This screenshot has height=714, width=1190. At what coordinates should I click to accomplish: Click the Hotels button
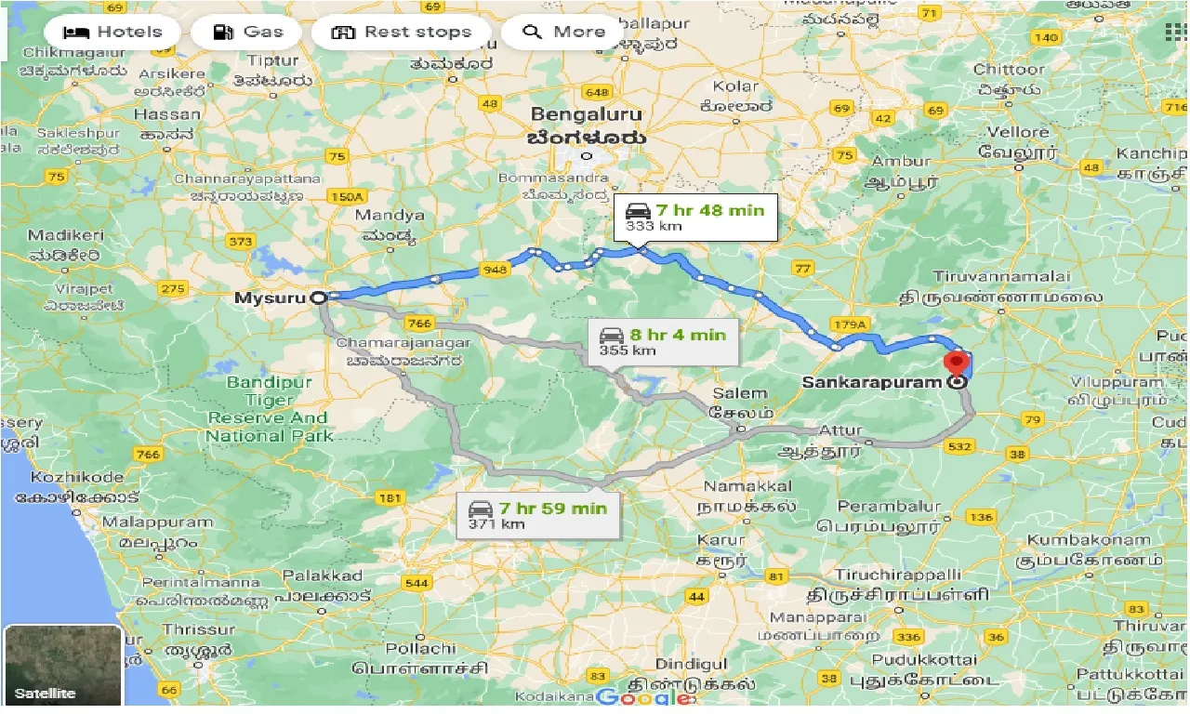pos(112,32)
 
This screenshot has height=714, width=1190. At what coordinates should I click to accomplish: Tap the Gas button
pos(247,32)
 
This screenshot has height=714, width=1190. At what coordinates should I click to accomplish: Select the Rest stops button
pos(401,32)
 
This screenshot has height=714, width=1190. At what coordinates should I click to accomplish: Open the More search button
pos(563,32)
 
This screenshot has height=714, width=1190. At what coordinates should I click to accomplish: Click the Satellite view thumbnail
pos(63,666)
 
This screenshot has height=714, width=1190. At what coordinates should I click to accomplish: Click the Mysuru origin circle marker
pos(318,297)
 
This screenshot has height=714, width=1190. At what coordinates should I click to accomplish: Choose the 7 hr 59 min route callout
pos(537,514)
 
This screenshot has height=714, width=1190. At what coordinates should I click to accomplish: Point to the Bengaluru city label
pos(586,114)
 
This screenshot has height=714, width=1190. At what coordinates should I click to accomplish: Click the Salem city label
pos(740,393)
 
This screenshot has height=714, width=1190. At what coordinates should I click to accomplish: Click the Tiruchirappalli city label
pos(897,575)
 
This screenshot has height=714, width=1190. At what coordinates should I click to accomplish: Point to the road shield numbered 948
pos(494,271)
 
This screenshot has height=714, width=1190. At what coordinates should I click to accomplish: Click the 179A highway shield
pos(850,324)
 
